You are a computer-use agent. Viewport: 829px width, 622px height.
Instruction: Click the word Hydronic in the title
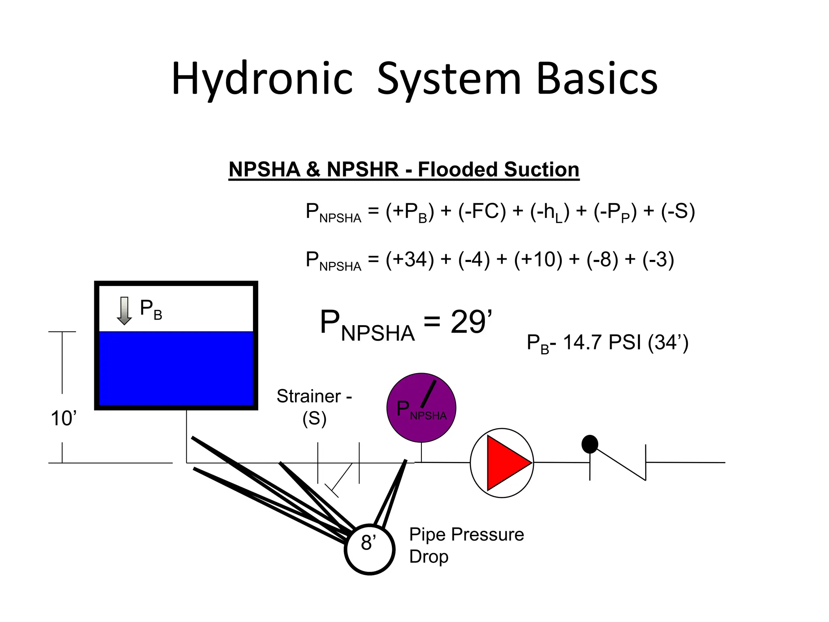[262, 79]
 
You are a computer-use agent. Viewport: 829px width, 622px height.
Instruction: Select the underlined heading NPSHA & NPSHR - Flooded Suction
[404, 169]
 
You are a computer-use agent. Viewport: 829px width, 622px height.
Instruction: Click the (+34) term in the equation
[410, 260]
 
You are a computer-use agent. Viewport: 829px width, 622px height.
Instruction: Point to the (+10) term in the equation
[538, 260]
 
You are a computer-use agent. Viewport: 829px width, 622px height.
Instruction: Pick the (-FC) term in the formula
[482, 211]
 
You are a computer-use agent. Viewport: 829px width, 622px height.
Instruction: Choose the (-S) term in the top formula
[678, 211]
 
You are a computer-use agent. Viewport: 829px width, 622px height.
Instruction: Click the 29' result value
[471, 322]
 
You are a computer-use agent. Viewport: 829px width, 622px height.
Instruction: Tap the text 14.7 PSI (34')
[625, 343]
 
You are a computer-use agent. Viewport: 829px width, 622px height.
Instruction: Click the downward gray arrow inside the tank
[124, 311]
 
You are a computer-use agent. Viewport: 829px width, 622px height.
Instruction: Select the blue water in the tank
[176, 369]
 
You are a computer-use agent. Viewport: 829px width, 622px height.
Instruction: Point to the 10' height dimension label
[64, 418]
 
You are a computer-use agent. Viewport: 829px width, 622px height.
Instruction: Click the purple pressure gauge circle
[421, 407]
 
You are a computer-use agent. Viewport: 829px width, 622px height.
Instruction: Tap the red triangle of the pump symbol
[506, 463]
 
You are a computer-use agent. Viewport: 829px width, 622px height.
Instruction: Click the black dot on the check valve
[590, 444]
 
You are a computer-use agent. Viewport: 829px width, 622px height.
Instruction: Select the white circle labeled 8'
[370, 549]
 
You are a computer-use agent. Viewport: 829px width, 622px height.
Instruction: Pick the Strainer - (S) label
[315, 407]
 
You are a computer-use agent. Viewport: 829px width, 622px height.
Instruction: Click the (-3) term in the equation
[658, 260]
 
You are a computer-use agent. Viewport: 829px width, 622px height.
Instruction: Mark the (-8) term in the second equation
[602, 260]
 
